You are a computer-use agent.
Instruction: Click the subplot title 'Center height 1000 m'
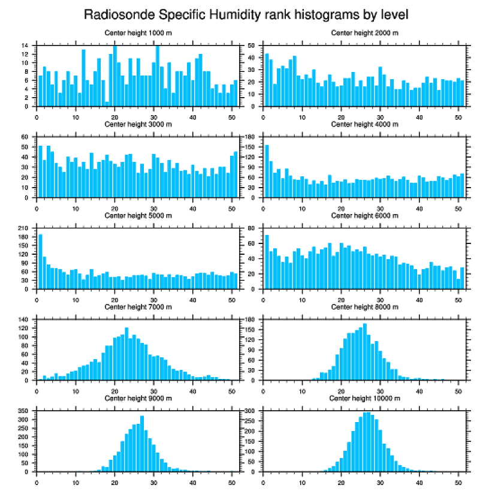pyautogui.click(x=138, y=32)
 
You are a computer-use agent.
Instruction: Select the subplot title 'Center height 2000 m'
pyautogui.click(x=364, y=32)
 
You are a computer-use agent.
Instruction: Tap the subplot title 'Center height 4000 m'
pyautogui.click(x=364, y=124)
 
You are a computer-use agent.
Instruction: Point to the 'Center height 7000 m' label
pyautogui.click(x=138, y=307)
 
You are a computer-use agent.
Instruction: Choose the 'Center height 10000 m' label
pyautogui.click(x=364, y=398)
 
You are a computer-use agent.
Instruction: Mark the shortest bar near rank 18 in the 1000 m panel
pyautogui.click(x=107, y=104)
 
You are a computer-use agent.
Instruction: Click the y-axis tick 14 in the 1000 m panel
pyautogui.click(x=27, y=46)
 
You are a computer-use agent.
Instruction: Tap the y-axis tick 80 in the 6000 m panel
pyautogui.click(x=253, y=228)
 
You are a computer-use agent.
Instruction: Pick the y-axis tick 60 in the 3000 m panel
pyautogui.click(x=27, y=137)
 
